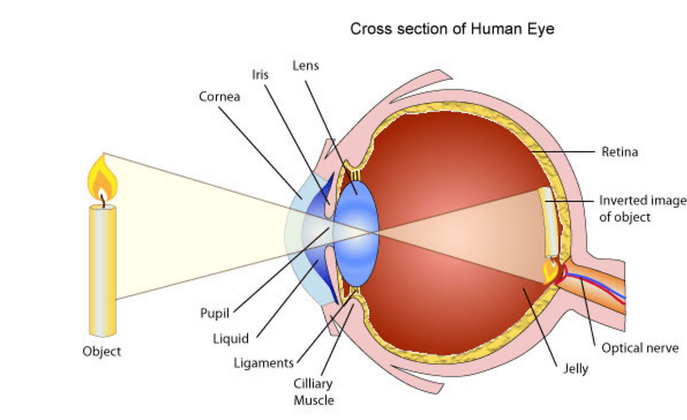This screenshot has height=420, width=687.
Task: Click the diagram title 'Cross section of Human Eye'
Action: (452, 29)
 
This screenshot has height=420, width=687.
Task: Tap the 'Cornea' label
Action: (219, 97)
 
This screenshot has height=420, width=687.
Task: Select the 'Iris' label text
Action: (261, 74)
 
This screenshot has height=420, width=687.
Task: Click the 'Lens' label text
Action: (306, 65)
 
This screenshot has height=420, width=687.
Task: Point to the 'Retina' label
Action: (620, 151)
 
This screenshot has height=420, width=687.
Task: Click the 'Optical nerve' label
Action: (640, 348)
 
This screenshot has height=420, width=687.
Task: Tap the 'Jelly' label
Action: (576, 368)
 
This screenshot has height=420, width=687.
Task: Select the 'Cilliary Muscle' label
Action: (313, 392)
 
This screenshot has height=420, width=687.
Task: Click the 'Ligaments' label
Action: (264, 363)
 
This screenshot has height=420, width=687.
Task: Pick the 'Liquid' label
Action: (231, 339)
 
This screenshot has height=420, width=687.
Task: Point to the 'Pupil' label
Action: (215, 313)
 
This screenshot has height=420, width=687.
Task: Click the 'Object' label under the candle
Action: (102, 351)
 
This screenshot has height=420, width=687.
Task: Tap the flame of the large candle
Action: (102, 179)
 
